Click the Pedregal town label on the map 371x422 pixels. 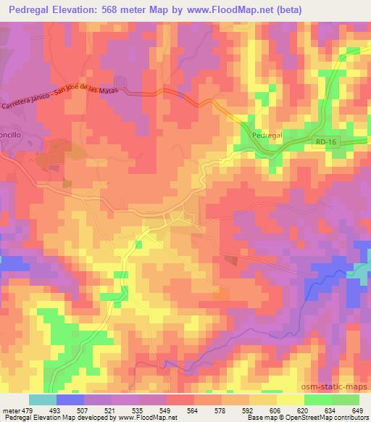267,136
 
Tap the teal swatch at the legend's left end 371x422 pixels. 43,400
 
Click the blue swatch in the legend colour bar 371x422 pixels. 69,400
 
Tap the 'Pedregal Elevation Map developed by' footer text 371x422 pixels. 47,418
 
